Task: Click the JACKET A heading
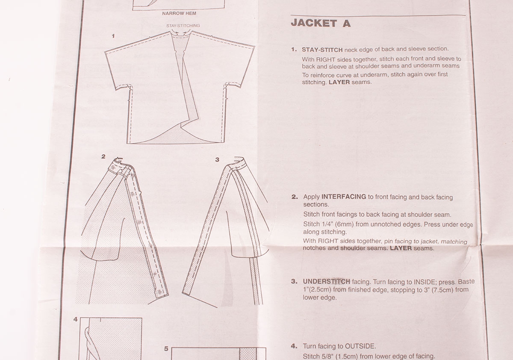(x=320, y=24)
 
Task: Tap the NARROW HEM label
(x=179, y=14)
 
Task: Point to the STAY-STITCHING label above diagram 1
(x=183, y=26)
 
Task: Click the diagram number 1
(x=113, y=36)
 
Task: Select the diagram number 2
(x=103, y=156)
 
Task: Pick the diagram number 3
(x=217, y=159)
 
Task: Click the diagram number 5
(x=166, y=348)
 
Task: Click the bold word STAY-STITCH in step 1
(x=322, y=50)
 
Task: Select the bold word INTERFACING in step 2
(x=344, y=197)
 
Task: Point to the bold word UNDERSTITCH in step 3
(x=327, y=281)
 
